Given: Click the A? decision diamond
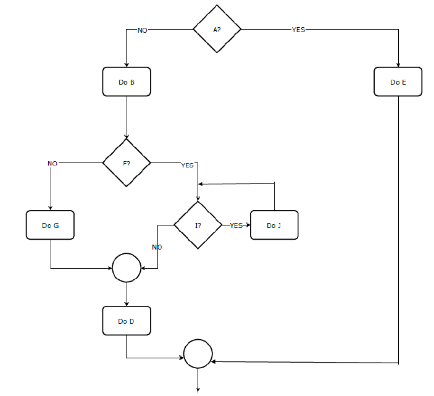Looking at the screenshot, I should tap(217, 29).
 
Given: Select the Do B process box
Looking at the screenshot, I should tap(127, 82).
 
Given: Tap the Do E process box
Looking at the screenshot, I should tap(398, 82).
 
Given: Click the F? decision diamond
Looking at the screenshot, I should tap(127, 163).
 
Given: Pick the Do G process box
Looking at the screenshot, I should tap(50, 225).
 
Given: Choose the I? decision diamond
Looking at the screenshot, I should tap(198, 225).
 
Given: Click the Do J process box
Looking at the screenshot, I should tap(273, 225).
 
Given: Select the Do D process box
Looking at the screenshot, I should tap(127, 321).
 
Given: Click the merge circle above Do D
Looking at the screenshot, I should tap(127, 268).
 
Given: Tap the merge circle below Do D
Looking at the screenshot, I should tap(198, 354).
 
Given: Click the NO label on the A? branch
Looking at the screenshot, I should tap(143, 30).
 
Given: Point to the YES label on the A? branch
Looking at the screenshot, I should tap(298, 30).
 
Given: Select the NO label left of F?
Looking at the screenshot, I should tap(52, 164).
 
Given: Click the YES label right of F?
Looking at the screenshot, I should tap(187, 166).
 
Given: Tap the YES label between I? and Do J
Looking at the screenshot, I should tap(236, 225).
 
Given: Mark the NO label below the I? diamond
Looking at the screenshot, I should tap(157, 247).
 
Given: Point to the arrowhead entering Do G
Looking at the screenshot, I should tap(50, 208).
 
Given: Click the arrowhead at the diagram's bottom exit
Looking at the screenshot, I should tap(198, 389).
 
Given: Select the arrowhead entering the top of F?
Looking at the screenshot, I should tap(127, 137).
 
